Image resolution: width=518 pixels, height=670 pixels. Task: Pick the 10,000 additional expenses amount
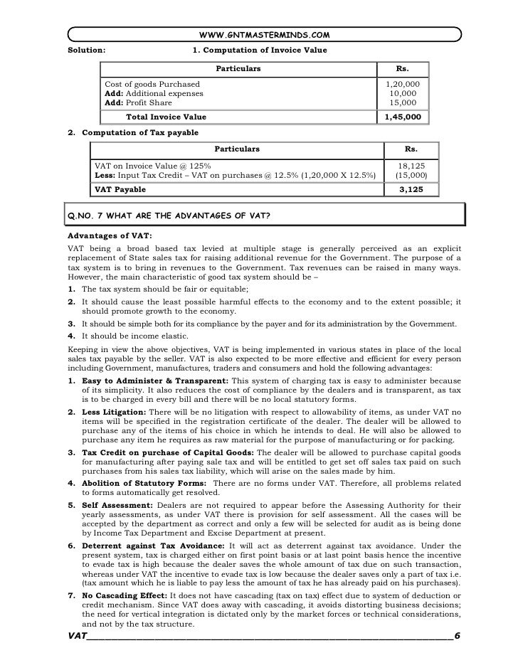[x=403, y=94]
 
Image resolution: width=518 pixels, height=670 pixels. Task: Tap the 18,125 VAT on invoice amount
[x=411, y=166]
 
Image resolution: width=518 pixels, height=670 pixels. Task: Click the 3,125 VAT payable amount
[x=411, y=190]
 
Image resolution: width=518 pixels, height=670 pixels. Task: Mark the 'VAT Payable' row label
[x=120, y=190]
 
